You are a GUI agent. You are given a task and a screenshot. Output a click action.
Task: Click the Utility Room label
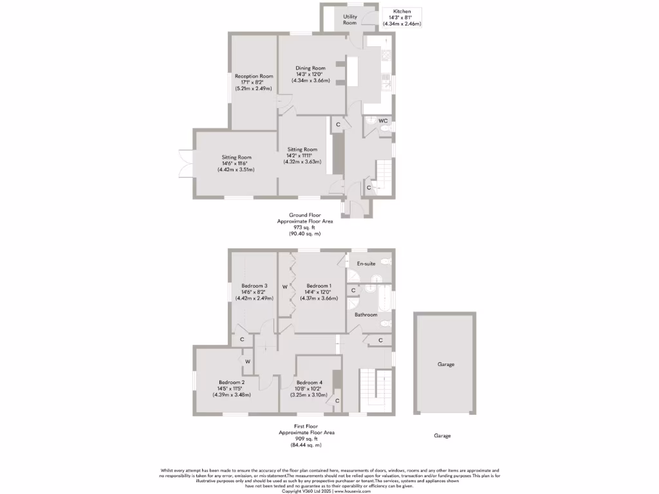tap(349, 19)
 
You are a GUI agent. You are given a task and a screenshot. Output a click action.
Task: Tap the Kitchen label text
tap(402, 12)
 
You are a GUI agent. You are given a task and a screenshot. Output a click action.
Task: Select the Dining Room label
tap(310, 68)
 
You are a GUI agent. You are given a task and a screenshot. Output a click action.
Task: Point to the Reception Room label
tap(254, 76)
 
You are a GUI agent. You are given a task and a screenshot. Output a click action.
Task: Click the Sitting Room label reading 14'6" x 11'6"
tap(236, 163)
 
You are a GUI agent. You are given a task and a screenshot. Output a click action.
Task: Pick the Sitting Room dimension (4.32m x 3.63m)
tap(302, 161)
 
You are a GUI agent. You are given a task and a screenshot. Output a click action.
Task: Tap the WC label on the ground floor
tap(383, 121)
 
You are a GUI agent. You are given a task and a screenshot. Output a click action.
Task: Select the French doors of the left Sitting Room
tap(185, 163)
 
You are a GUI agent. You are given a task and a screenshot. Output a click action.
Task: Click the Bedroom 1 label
tap(319, 286)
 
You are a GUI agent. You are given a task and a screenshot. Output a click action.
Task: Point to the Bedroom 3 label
tap(254, 286)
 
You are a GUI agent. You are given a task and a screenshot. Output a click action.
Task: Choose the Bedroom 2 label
tap(231, 382)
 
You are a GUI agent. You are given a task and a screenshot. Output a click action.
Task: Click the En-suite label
tap(366, 264)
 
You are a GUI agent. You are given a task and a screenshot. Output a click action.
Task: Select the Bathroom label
tap(366, 315)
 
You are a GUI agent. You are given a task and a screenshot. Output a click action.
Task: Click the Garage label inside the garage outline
tap(446, 364)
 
